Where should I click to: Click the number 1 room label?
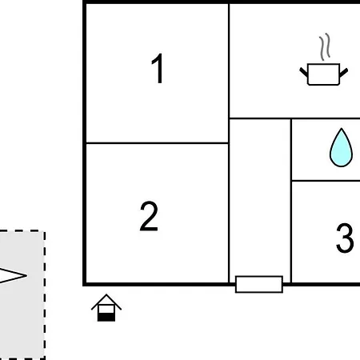(x=158, y=68)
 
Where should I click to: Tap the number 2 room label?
(x=149, y=216)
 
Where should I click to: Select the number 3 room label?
(x=345, y=238)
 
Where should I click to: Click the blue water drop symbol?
(x=341, y=148)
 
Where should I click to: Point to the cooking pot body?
(x=323, y=74)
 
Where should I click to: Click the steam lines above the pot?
(x=325, y=46)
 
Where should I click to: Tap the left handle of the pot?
(x=304, y=72)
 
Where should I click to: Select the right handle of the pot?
(x=344, y=73)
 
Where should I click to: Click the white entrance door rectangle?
(x=259, y=284)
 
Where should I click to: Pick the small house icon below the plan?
(x=106, y=308)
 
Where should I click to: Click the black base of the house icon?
(x=106, y=318)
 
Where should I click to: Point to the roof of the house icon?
(x=106, y=302)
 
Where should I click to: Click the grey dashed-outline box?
(x=22, y=294)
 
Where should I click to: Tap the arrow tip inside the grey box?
(x=26, y=275)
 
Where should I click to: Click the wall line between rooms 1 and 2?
(x=158, y=143)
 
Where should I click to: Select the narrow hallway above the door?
(x=260, y=198)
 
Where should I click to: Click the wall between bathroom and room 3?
(x=326, y=181)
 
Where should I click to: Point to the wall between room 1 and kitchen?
(x=229, y=74)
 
